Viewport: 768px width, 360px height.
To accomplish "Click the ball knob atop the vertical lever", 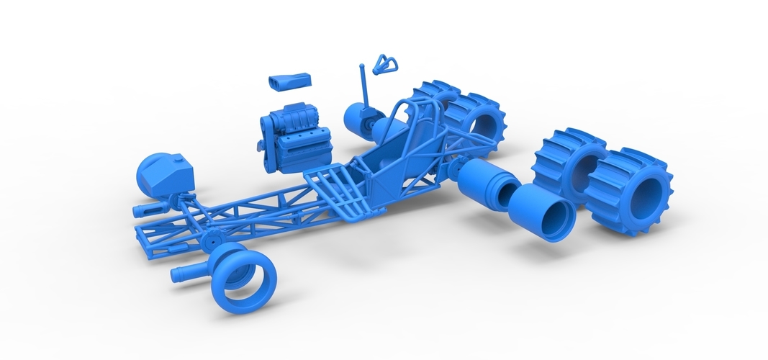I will (362, 68).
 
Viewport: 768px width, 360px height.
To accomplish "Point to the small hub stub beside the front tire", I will (188, 273).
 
